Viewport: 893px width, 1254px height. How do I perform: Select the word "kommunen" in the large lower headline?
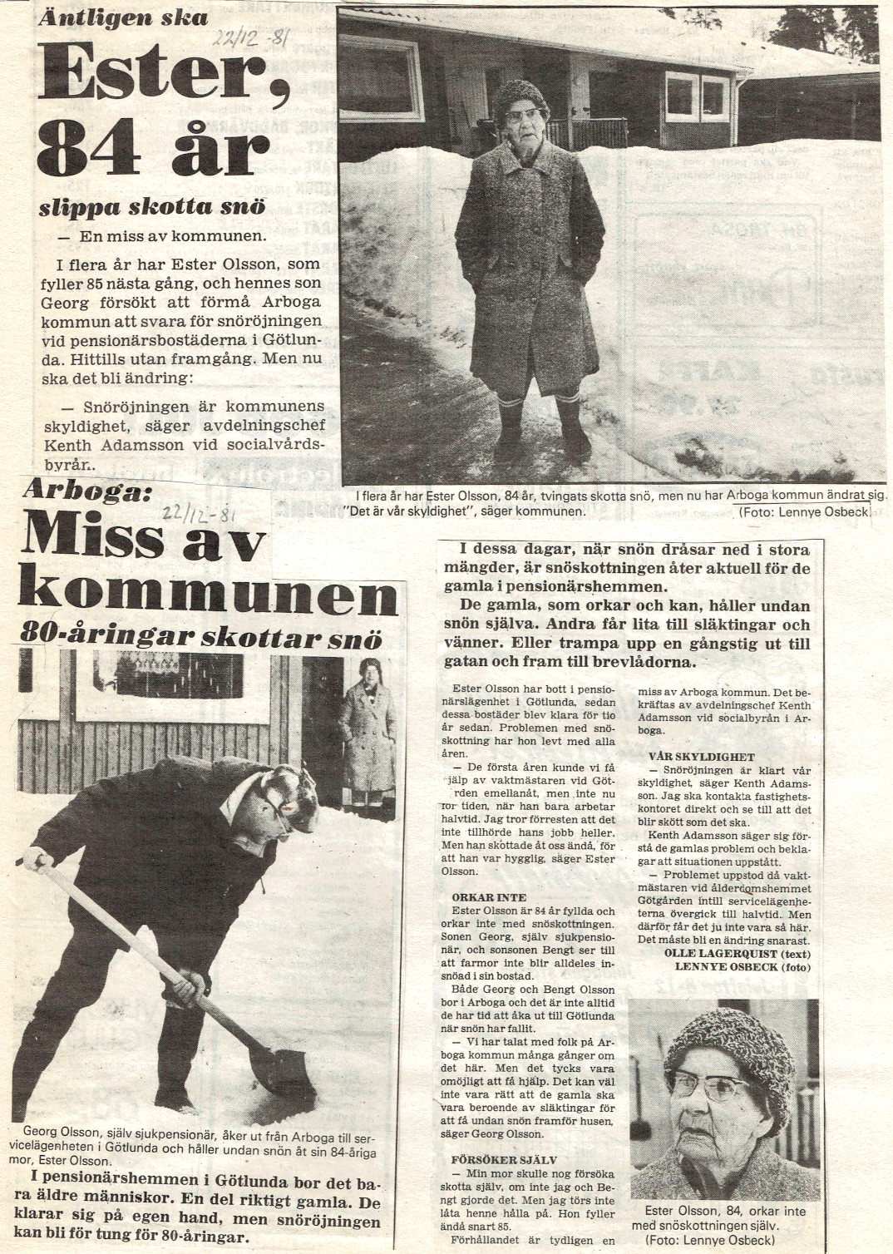tap(207, 597)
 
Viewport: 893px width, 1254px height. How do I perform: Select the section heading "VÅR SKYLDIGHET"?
tap(701, 757)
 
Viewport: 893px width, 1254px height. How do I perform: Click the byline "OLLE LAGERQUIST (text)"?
tap(738, 953)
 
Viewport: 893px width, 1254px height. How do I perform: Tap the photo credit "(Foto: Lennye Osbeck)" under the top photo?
tap(805, 513)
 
